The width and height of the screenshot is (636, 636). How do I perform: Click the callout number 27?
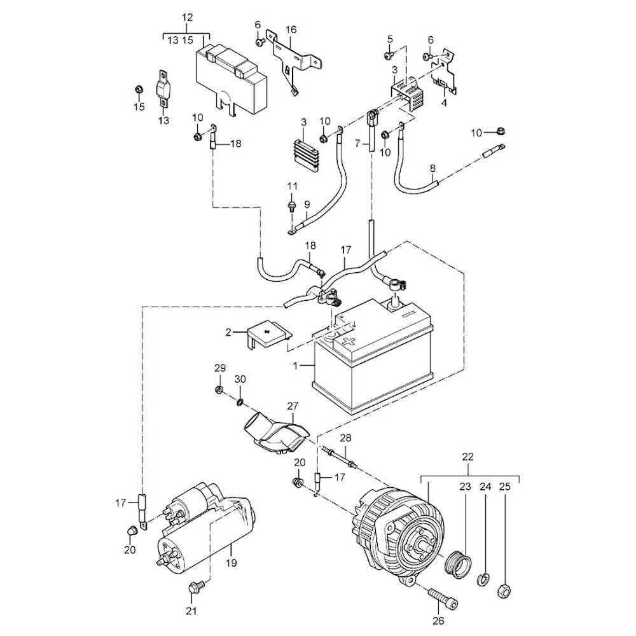coord(292,406)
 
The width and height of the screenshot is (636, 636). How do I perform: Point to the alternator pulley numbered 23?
coord(460,562)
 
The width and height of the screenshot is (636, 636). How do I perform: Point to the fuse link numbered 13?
coord(163,89)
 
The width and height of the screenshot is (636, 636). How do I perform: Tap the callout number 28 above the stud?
coord(345,438)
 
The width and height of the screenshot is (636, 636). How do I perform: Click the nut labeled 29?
coord(219,389)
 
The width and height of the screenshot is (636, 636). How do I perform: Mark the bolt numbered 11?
coord(292,205)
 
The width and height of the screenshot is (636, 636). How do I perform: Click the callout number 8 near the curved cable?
coord(432,168)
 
